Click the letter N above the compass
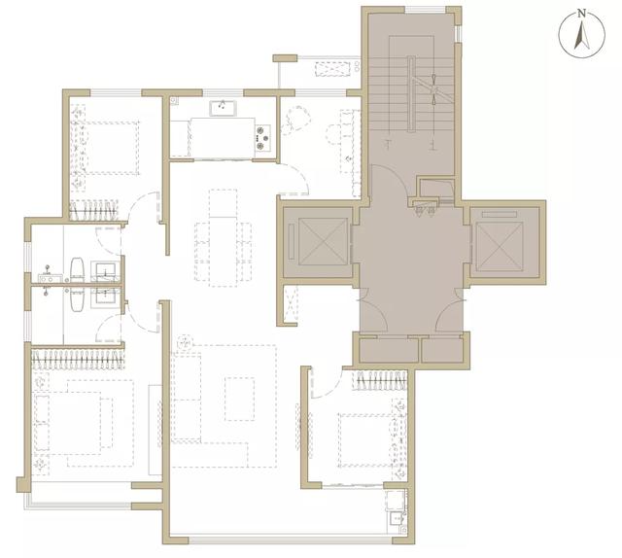point(581,13)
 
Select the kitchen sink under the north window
point(223,108)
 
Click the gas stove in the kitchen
point(262,138)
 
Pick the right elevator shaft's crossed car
point(500,242)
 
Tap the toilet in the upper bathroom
point(77,269)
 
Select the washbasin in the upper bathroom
point(105,271)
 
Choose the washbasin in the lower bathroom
point(105,297)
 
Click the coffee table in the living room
point(240,399)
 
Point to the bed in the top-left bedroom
point(110,148)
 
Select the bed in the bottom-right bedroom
point(365,440)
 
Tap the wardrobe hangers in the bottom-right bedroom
point(381,380)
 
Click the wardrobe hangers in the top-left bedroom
point(94,210)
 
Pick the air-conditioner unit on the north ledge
point(333,69)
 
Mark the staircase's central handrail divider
point(411,93)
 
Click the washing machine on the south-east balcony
point(396,501)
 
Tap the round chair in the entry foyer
point(294,119)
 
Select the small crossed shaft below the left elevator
point(291,304)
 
